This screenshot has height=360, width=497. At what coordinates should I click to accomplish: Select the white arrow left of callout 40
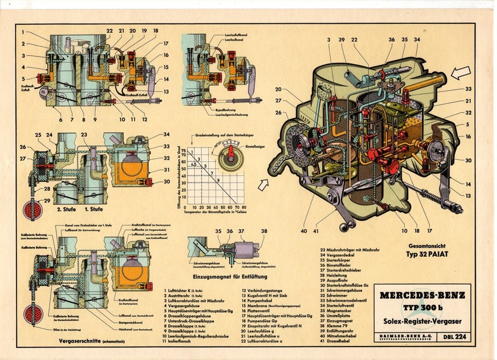264,183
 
